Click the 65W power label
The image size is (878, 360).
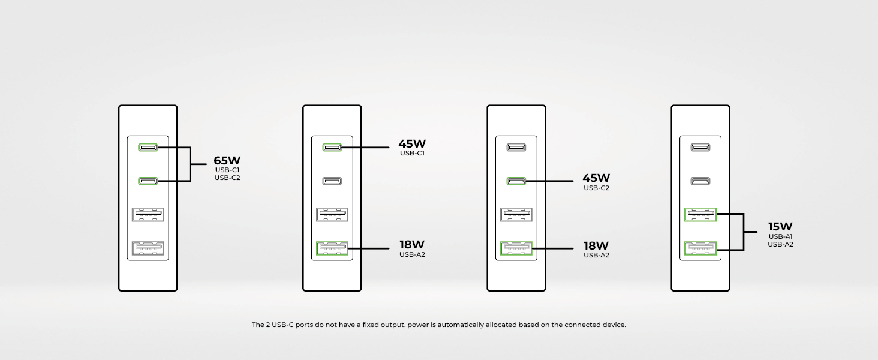coord(227,160)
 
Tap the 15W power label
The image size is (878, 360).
coord(780,226)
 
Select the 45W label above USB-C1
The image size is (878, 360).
coord(412,143)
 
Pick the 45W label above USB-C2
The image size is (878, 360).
coord(596,178)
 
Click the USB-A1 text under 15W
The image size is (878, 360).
coord(780,236)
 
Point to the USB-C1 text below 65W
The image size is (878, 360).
coord(227,170)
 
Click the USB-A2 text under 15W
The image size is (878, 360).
coord(780,244)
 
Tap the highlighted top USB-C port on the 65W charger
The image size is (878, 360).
coord(148,148)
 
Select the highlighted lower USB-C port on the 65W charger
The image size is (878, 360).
coord(148,181)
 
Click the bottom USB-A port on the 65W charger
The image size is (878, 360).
coord(148,248)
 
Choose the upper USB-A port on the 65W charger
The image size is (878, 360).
coord(148,215)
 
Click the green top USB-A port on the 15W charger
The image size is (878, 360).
coord(700,215)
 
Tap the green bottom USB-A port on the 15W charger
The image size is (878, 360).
coord(700,248)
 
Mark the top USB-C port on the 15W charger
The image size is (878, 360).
coord(700,148)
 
